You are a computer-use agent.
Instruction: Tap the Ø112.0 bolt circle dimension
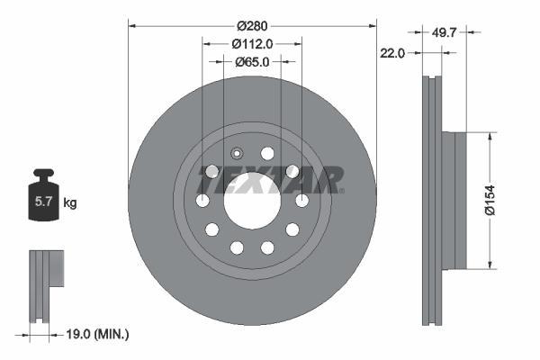click(x=252, y=43)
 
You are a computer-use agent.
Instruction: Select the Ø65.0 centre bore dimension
click(x=252, y=62)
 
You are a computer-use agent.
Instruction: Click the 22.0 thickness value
click(x=392, y=53)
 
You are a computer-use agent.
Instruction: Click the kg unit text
click(x=70, y=203)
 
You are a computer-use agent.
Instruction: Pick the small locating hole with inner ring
click(x=238, y=153)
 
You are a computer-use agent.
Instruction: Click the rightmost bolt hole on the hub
click(x=301, y=200)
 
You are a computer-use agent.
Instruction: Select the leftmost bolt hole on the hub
click(x=203, y=200)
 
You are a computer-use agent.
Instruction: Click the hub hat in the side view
click(x=459, y=200)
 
